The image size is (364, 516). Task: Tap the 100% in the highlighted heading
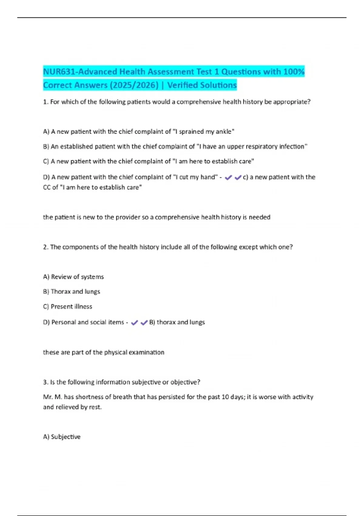pos(294,72)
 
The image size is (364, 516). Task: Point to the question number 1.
pos(45,102)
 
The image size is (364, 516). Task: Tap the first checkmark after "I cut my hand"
pos(228,178)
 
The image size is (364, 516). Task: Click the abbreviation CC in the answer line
pos(47,188)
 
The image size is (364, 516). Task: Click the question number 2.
pos(45,247)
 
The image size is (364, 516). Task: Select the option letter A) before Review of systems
pos(46,277)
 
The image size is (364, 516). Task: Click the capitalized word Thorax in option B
pos(61,292)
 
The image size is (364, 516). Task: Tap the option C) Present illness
pos(68,307)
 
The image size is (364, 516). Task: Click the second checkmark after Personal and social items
pos(144,323)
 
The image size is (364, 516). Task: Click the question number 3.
pos(45,382)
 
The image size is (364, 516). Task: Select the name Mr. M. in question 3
pos(52,397)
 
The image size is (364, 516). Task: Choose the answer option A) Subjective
pos(62,437)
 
